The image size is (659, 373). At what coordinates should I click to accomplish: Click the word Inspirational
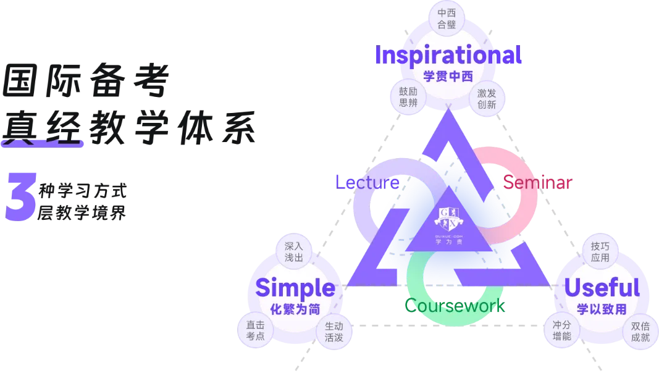[448, 56]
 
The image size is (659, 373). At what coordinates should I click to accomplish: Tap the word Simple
[295, 288]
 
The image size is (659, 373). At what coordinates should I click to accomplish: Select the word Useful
[602, 288]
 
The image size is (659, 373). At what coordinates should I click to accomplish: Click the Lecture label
[367, 182]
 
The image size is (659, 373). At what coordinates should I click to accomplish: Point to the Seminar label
[538, 182]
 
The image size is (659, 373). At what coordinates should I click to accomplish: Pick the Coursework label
[456, 305]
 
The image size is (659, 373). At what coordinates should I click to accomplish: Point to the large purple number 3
[20, 195]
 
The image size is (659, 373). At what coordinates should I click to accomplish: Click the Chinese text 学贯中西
[448, 77]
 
